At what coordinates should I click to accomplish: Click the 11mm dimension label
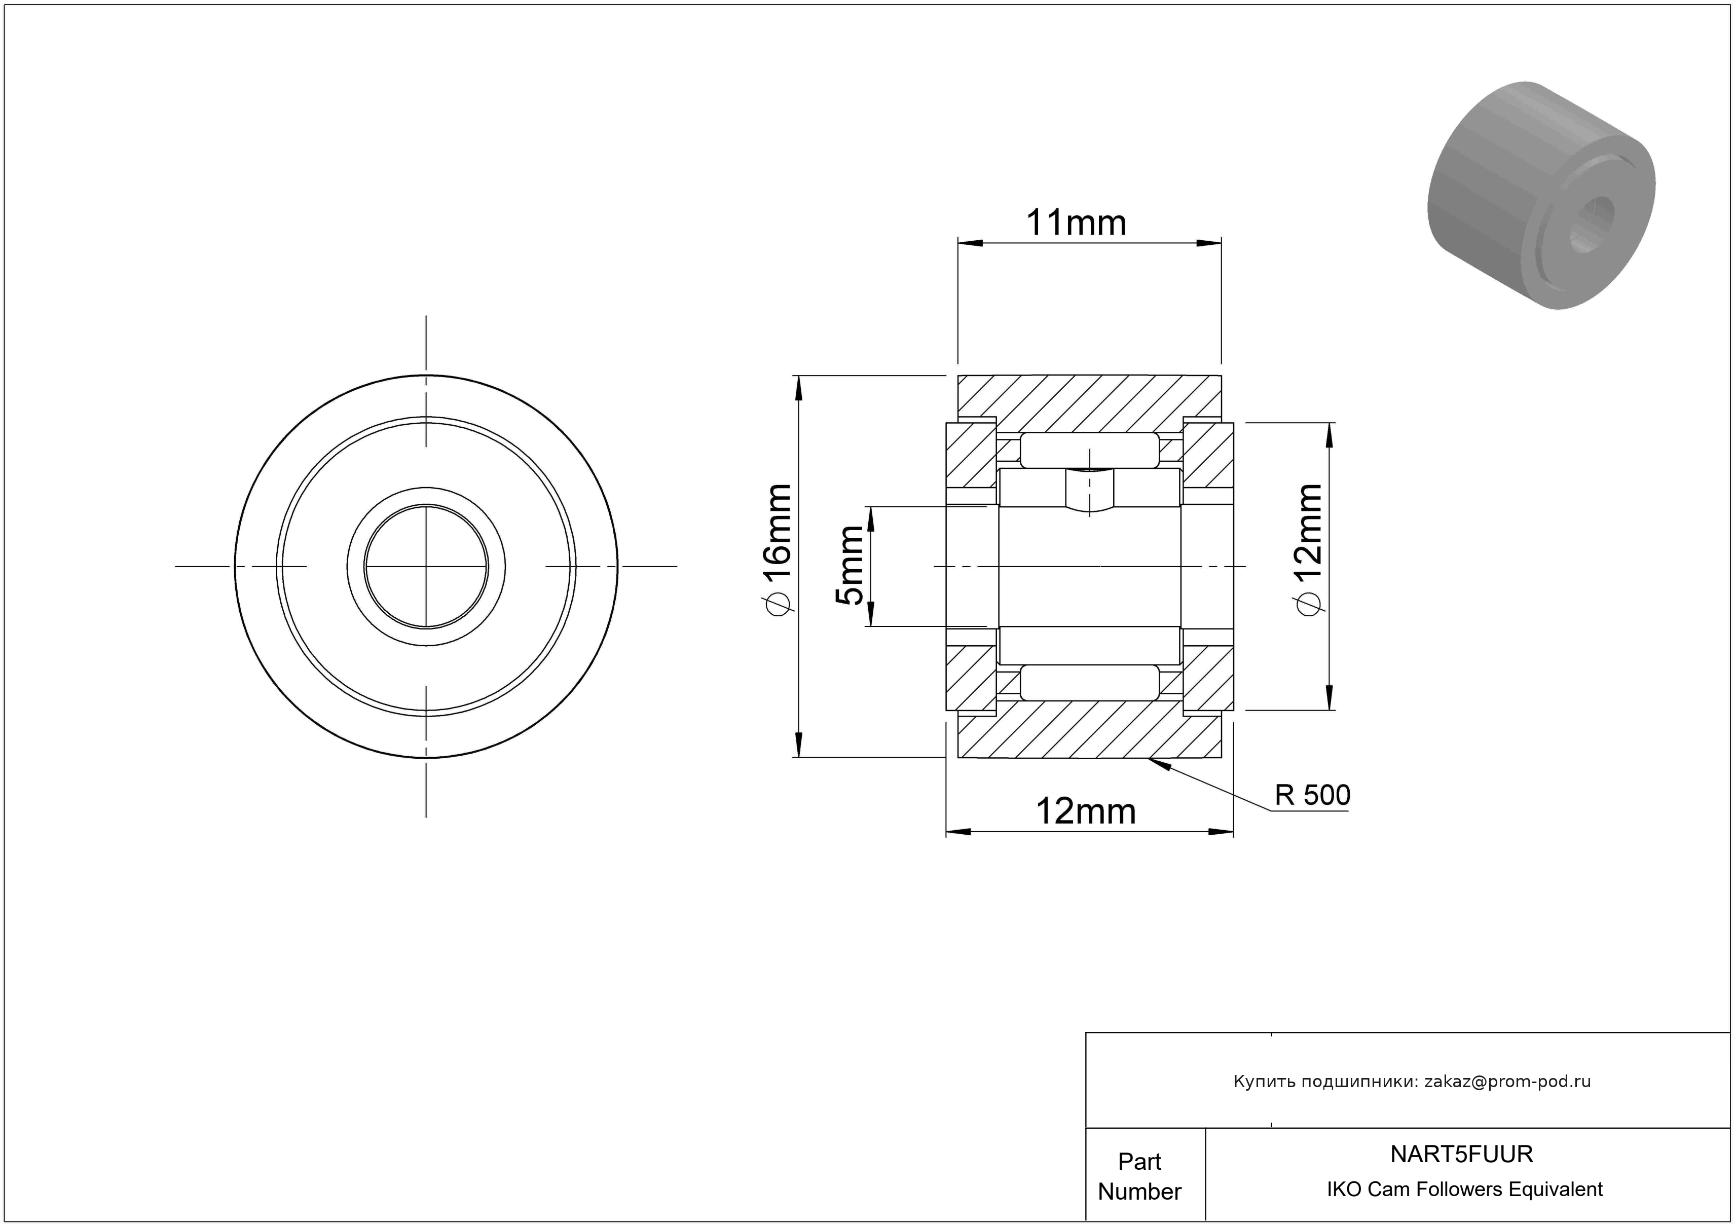(1076, 223)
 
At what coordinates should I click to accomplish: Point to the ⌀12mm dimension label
(1309, 550)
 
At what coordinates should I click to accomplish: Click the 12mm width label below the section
(1085, 812)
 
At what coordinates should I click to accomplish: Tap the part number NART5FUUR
(1461, 1154)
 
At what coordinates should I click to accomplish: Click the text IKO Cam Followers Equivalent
(1464, 1190)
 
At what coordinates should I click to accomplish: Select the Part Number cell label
(1139, 1176)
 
